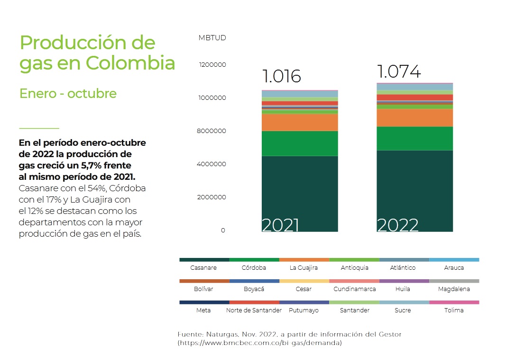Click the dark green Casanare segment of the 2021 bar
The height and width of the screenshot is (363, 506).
[x=300, y=189]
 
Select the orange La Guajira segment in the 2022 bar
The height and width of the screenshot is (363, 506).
[x=414, y=118]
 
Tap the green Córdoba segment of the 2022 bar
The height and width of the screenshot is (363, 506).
[x=414, y=138]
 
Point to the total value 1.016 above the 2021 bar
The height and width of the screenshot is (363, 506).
[x=282, y=76]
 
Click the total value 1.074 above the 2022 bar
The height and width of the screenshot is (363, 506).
[x=399, y=71]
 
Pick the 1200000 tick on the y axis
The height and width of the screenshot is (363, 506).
[x=212, y=65]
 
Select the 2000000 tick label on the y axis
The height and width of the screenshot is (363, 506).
[x=212, y=197]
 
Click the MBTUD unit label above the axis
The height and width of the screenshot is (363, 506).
[x=212, y=38]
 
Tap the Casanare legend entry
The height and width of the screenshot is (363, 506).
[x=203, y=268]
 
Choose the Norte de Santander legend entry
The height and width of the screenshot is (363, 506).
[x=254, y=310]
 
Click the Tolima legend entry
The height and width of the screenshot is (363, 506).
[x=454, y=310]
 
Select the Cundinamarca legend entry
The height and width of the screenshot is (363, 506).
[x=354, y=289]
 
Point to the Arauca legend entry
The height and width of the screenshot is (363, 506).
[x=454, y=268]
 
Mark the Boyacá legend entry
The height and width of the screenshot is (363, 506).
[x=254, y=289]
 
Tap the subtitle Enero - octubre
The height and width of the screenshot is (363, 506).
[x=68, y=94]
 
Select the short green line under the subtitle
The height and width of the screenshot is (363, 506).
[x=39, y=128]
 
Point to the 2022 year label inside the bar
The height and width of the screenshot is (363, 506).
[x=397, y=225]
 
